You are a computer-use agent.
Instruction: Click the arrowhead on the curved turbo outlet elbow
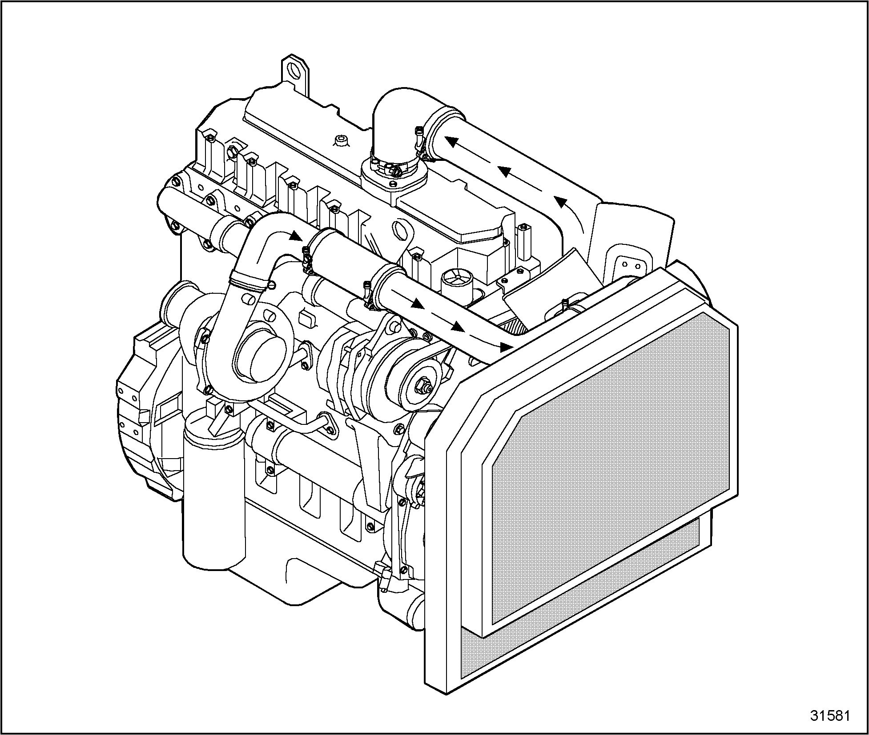click(x=295, y=236)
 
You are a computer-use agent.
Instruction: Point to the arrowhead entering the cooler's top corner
click(x=505, y=347)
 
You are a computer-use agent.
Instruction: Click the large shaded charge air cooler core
click(x=609, y=467)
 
